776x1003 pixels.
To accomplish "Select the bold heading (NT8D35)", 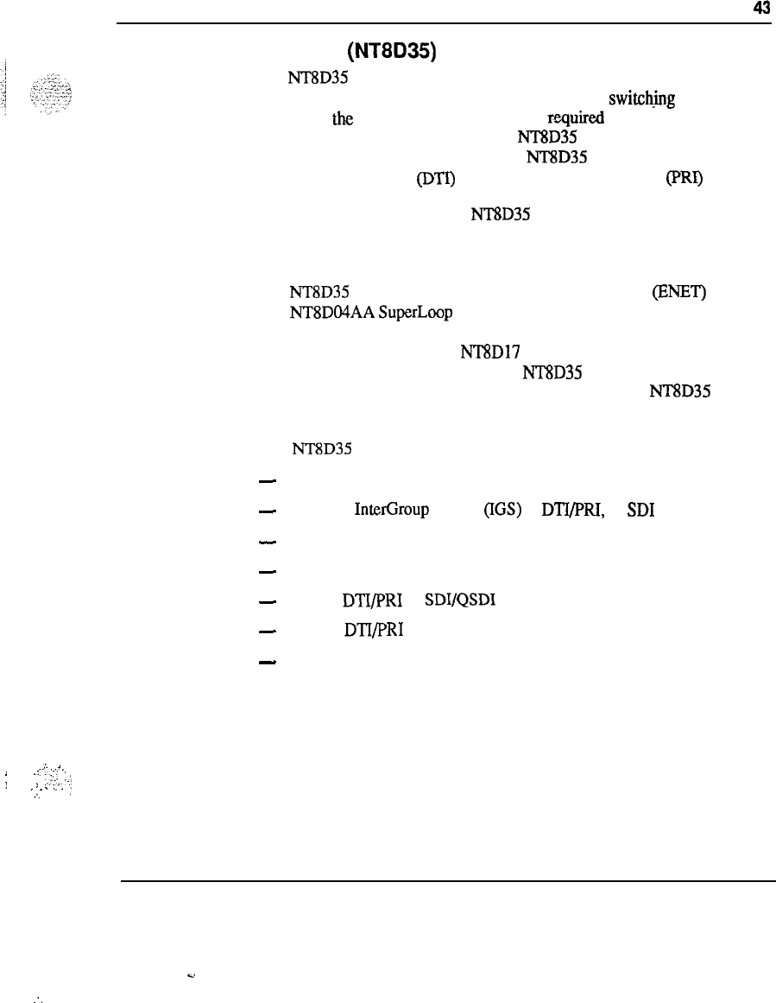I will (394, 54).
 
